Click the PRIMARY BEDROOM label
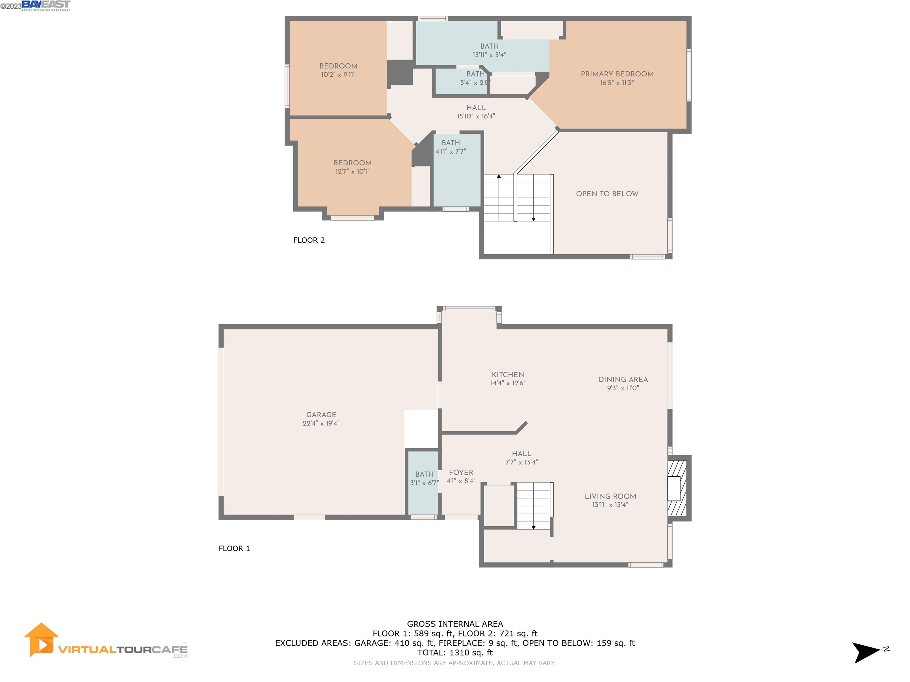point(617,74)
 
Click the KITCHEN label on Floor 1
point(508,374)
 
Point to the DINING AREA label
point(623,379)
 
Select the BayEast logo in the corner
point(45,5)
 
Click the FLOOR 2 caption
point(309,240)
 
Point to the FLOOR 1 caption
point(234,549)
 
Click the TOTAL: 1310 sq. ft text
point(455,652)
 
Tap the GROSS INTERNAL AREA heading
point(455,624)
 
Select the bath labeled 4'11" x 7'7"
point(451,147)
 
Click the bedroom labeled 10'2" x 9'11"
point(338,70)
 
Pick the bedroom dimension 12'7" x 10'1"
point(352,171)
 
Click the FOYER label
point(461,472)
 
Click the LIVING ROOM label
point(610,496)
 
